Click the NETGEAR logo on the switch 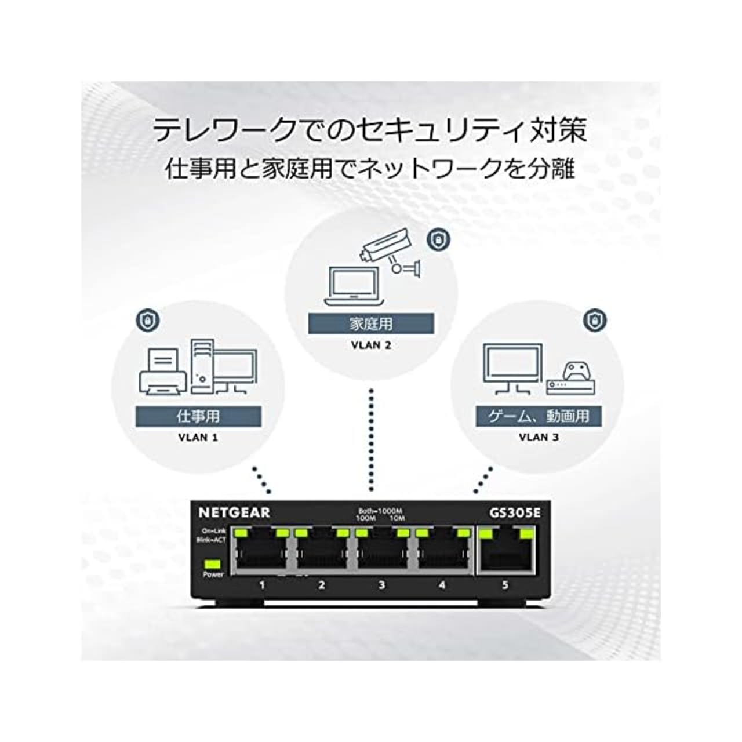click(x=234, y=512)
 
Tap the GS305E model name click(x=515, y=512)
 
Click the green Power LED click(x=213, y=563)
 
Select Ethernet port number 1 click(x=261, y=552)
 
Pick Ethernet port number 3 click(x=381, y=552)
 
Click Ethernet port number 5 click(x=505, y=552)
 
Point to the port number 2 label click(x=322, y=585)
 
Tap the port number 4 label click(x=442, y=585)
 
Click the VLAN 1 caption click(x=198, y=437)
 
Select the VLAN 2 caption click(x=371, y=345)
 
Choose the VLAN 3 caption click(x=539, y=437)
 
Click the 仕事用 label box click(x=198, y=416)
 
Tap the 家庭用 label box click(x=371, y=323)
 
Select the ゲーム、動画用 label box click(x=539, y=416)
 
